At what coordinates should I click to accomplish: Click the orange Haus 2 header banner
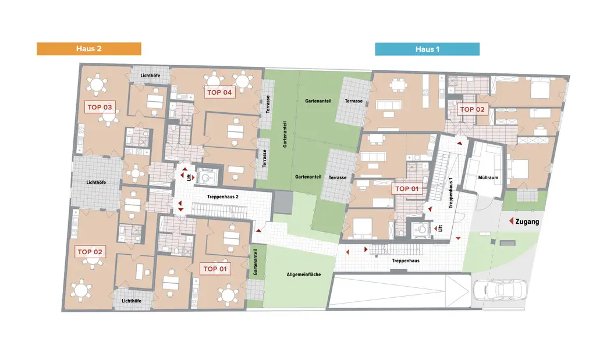tap(88, 49)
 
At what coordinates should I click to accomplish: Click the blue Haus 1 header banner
tap(427, 49)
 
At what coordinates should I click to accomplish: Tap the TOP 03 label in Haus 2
tap(99, 107)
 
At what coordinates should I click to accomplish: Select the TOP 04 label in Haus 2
tap(219, 92)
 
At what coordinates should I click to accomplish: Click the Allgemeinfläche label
tap(303, 274)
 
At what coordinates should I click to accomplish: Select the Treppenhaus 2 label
tap(222, 197)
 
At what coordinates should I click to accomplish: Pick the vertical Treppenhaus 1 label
tap(450, 192)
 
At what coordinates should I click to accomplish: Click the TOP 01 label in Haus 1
tap(406, 188)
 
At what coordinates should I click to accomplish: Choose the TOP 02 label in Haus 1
tap(472, 109)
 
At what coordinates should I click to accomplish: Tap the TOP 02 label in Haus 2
tap(90, 252)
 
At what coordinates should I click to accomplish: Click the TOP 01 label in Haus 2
tap(215, 269)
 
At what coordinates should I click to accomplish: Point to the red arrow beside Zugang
tap(512, 222)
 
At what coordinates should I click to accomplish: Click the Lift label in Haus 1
tap(440, 229)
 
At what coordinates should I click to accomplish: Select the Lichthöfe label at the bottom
tap(132, 300)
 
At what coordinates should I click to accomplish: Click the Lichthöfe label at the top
tap(150, 76)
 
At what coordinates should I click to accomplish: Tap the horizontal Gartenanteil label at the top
tap(318, 101)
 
